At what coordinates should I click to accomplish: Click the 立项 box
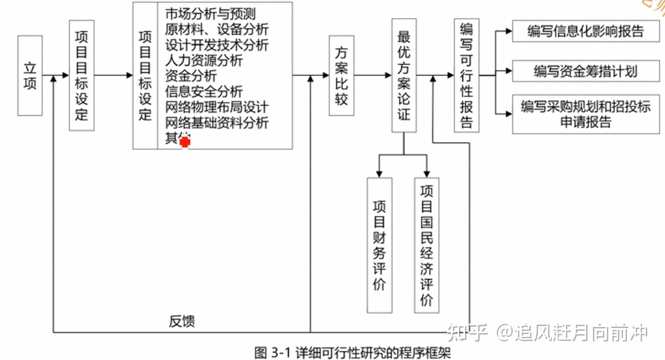click(30, 76)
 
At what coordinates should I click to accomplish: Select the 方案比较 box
click(341, 76)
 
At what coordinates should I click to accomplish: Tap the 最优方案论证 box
click(404, 76)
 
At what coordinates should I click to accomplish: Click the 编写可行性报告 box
click(466, 76)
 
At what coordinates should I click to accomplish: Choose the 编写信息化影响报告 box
click(585, 31)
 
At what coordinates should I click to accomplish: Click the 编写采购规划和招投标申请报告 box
click(585, 114)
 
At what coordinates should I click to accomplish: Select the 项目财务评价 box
click(379, 245)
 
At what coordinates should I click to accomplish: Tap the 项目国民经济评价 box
click(426, 245)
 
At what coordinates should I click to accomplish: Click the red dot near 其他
click(185, 142)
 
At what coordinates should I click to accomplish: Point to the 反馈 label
click(182, 321)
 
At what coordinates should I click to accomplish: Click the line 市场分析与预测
click(210, 14)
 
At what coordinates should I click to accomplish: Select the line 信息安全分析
click(204, 91)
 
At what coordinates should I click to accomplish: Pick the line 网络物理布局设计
click(217, 107)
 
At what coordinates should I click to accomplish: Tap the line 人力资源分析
click(204, 60)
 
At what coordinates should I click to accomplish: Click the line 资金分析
click(191, 76)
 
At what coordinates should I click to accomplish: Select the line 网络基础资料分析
click(217, 123)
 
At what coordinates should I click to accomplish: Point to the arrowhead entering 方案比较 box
click(326, 75)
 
